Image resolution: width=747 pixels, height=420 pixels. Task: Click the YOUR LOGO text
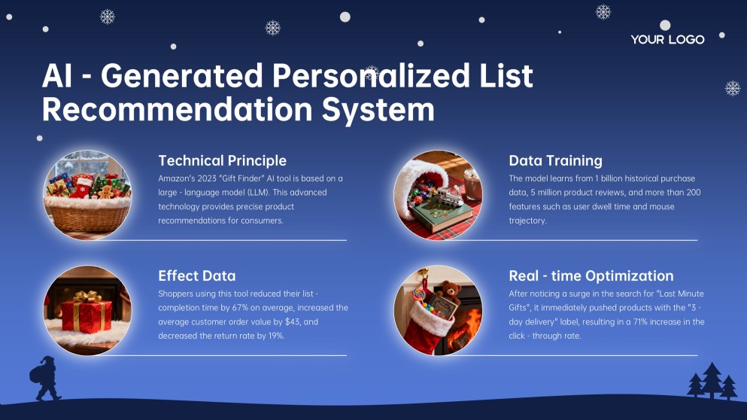[667, 39]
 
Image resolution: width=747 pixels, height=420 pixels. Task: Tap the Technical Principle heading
[222, 160]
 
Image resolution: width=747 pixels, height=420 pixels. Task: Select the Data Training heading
[555, 160]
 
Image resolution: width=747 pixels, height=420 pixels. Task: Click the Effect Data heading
[196, 275]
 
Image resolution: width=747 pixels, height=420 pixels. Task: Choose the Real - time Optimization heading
[591, 275]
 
